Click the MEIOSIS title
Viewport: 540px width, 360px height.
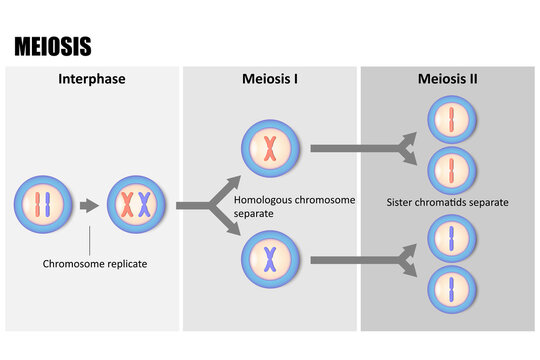(52, 46)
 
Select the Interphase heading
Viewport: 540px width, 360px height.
(91, 79)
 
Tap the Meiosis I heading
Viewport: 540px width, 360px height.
(270, 79)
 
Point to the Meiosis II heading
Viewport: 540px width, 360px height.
(448, 79)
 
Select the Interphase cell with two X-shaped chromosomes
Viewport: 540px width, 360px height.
(137, 205)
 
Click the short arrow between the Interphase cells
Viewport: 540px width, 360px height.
(89, 205)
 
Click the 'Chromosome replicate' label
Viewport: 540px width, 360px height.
(90, 265)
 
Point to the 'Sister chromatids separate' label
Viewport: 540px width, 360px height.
(447, 202)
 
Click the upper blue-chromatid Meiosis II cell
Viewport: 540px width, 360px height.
(450, 241)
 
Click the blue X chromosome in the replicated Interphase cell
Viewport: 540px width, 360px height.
(147, 205)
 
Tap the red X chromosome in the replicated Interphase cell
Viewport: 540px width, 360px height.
(128, 205)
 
